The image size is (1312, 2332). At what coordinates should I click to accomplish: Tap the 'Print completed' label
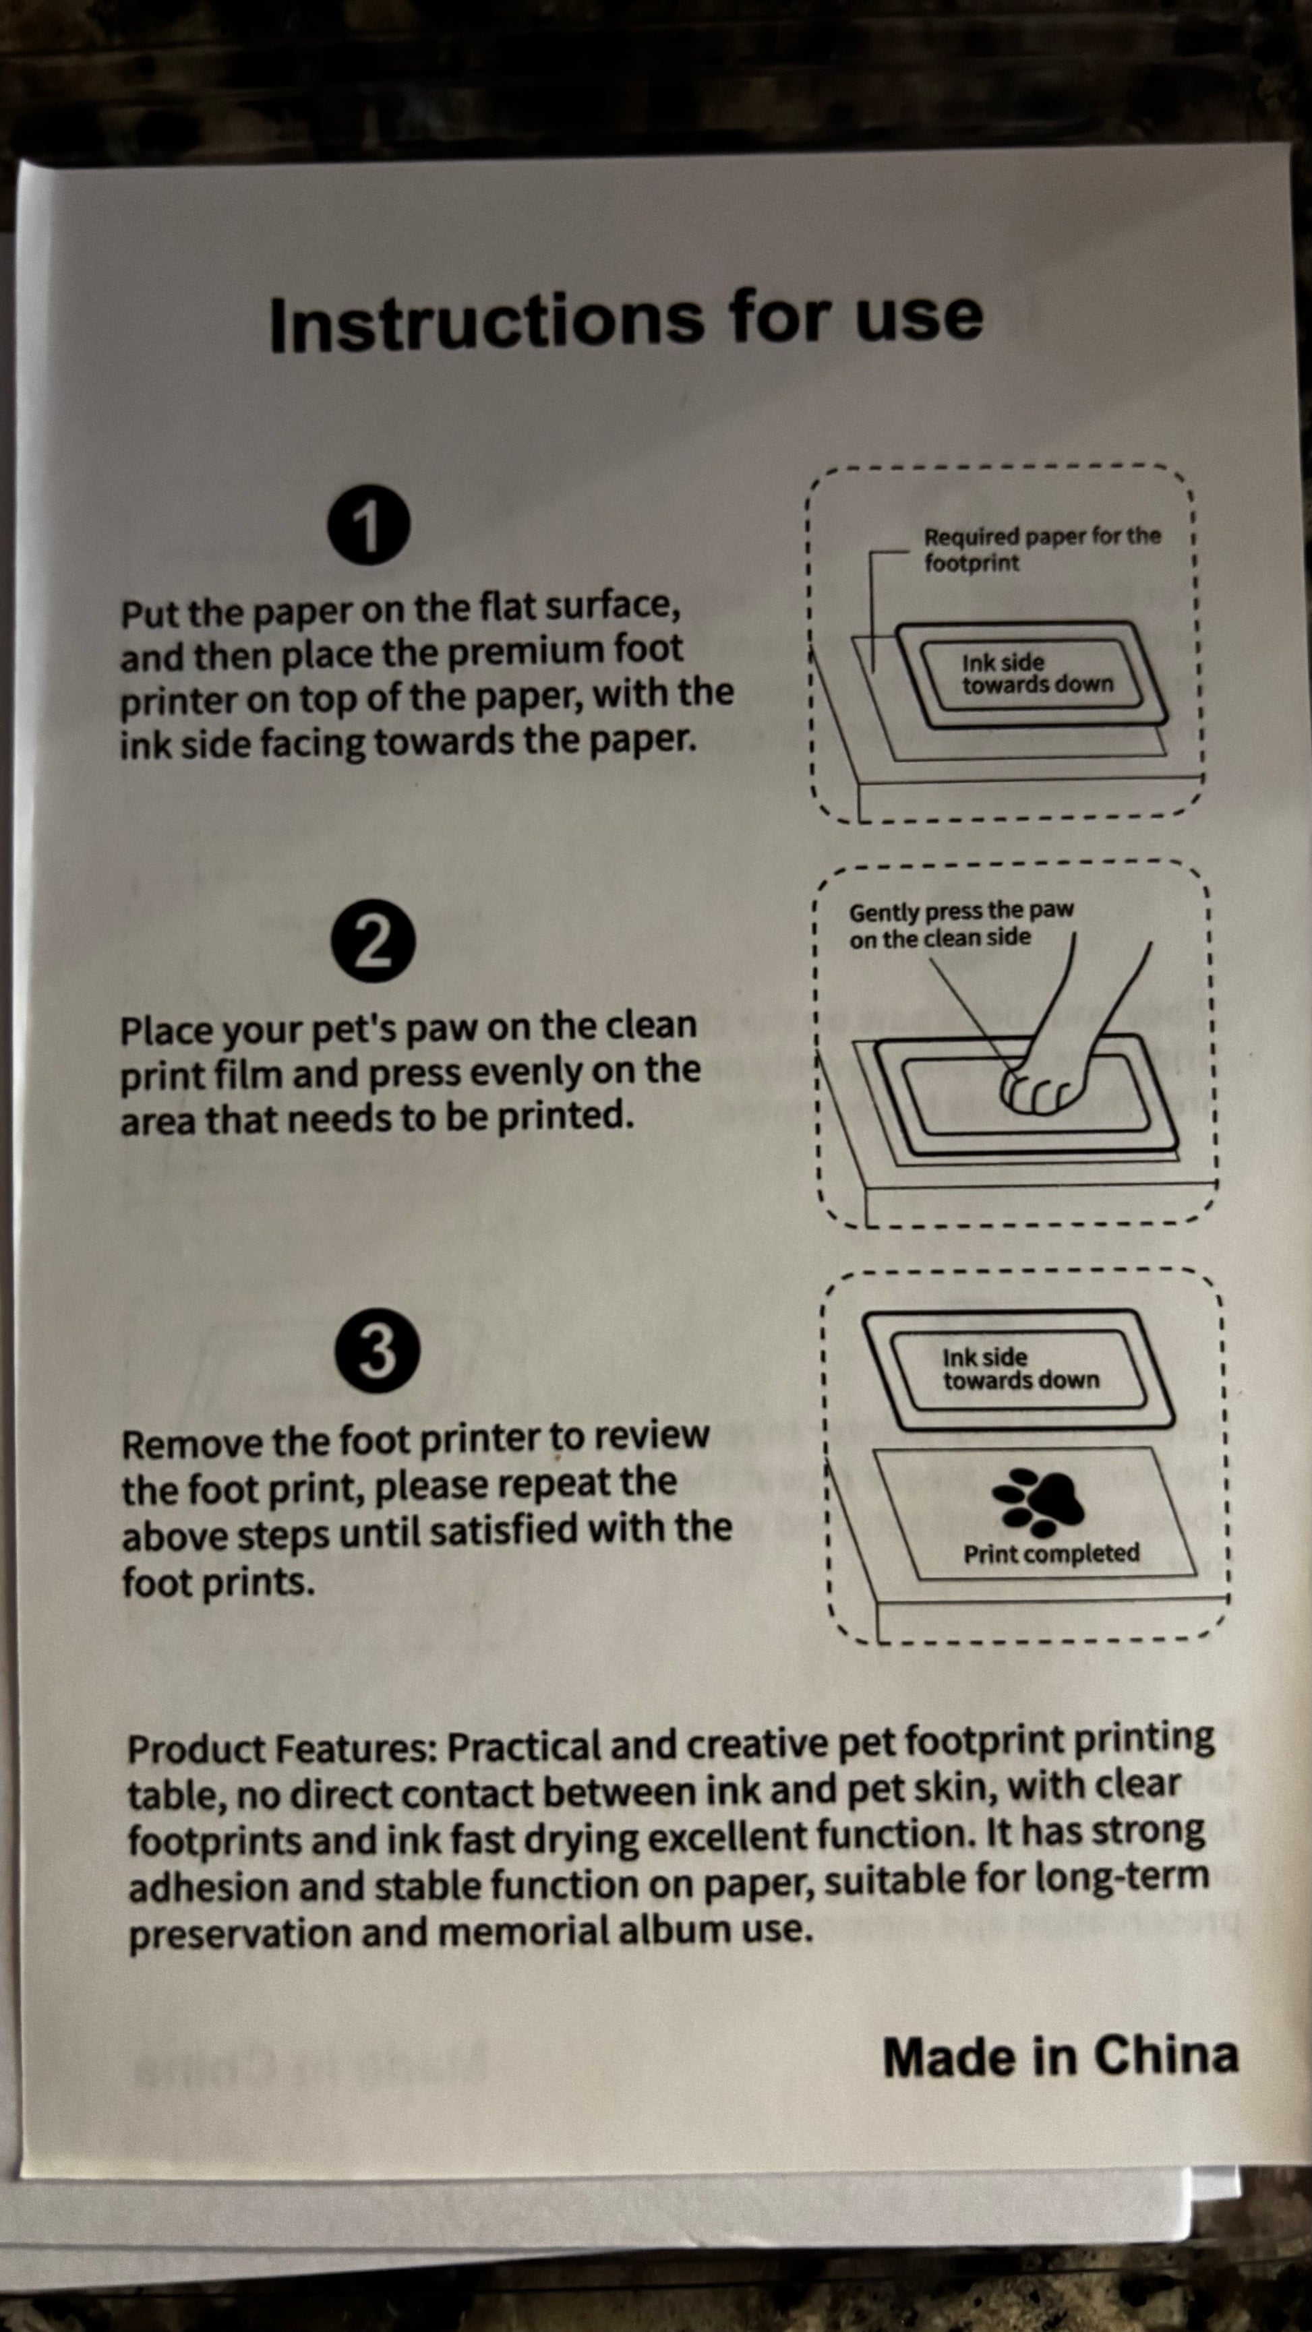click(x=1051, y=1554)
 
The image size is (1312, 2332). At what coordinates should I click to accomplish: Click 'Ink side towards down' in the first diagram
click(x=1037, y=673)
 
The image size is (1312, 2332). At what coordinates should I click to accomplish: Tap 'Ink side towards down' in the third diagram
click(x=1021, y=1369)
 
